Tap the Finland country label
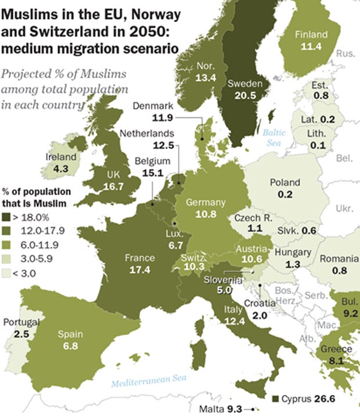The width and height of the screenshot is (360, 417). [311, 34]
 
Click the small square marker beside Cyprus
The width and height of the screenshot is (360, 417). [275, 399]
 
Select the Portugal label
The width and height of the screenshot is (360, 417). [21, 322]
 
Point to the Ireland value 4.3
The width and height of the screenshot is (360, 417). [60, 168]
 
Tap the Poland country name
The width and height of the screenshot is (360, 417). [285, 182]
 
